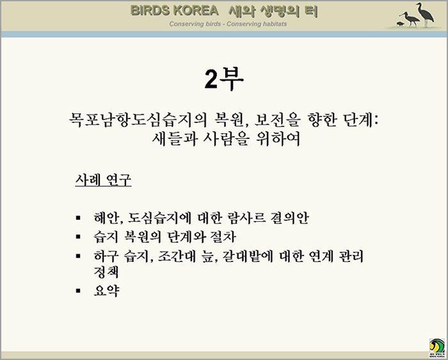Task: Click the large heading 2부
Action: point(224,79)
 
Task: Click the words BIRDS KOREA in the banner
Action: point(174,11)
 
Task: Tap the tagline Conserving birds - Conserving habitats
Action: point(228,24)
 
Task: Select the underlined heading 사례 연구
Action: point(103,180)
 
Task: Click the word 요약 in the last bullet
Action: point(106,291)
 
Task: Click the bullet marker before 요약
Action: point(78,291)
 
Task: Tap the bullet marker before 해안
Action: point(78,218)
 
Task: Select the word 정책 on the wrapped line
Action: point(106,272)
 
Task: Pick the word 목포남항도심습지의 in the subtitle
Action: point(138,120)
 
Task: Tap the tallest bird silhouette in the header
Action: point(425,14)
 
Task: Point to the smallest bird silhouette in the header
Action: point(400,24)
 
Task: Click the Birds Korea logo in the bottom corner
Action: point(437,348)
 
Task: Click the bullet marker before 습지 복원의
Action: point(78,237)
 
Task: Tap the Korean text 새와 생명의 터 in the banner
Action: point(273,11)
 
